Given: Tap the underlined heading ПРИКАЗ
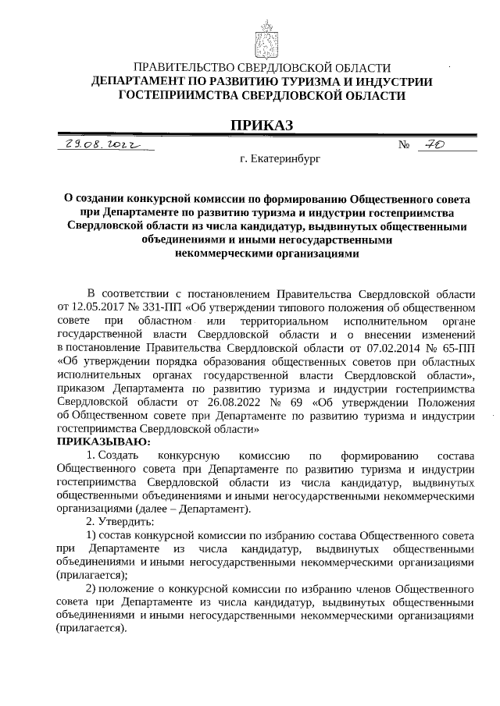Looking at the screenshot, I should point(262,126).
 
